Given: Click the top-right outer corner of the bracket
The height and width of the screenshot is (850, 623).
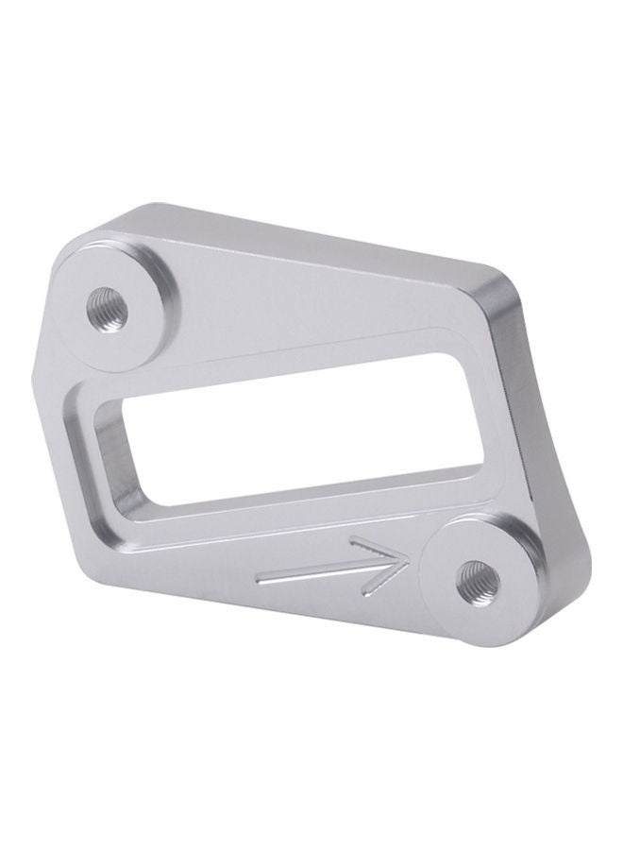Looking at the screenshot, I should click(499, 276).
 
